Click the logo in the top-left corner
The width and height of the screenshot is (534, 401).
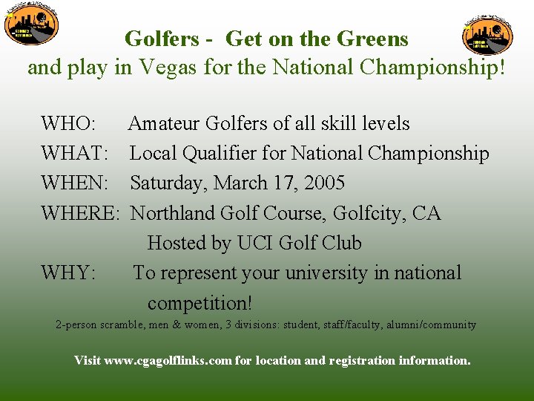click(x=30, y=27)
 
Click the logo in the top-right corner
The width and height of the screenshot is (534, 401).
click(x=487, y=33)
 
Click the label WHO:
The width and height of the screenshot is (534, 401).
click(x=68, y=123)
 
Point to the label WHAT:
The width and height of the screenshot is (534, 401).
click(x=76, y=154)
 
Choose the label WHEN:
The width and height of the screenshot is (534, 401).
click(x=76, y=183)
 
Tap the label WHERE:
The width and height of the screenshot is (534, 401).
click(x=80, y=214)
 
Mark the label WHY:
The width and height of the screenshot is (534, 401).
click(x=68, y=273)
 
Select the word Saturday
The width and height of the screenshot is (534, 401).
click(x=166, y=183)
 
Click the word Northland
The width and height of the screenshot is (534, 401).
click(x=173, y=214)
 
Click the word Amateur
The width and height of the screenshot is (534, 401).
click(x=164, y=123)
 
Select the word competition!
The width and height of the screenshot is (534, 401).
click(x=200, y=303)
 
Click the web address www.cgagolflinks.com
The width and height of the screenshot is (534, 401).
click(x=168, y=361)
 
